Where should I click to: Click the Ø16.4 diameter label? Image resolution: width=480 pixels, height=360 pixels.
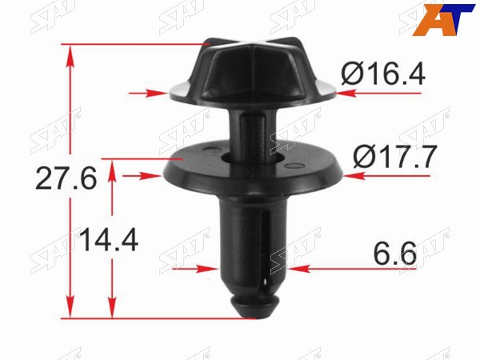tap(383, 74)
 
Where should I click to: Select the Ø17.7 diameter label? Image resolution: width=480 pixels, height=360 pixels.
tap(394, 157)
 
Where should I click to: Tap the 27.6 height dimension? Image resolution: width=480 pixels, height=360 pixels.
tap(66, 178)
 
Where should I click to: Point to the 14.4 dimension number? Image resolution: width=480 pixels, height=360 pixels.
tap(109, 240)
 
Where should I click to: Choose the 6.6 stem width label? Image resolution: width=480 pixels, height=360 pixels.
tap(394, 254)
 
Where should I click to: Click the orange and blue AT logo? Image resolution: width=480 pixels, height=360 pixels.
tap(443, 19)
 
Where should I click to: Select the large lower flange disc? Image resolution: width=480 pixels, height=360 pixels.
tap(253, 168)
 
